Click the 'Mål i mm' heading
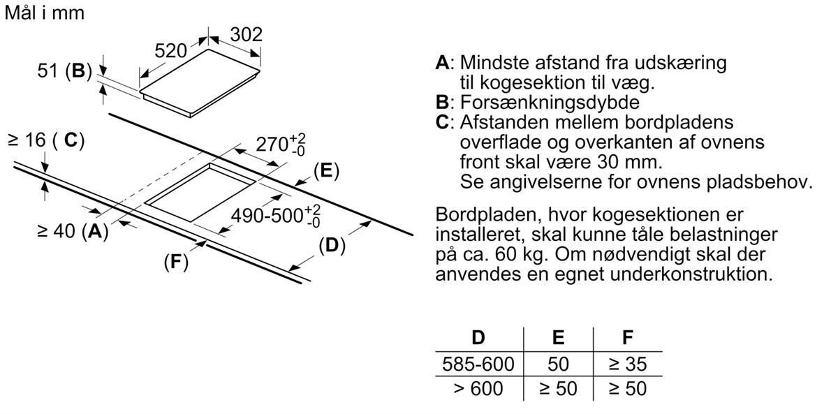[x=44, y=13]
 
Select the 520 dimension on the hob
[x=170, y=50]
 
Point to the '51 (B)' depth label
[x=64, y=71]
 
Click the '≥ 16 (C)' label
[x=46, y=140]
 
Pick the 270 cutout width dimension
[x=280, y=145]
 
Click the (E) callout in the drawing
[x=325, y=170]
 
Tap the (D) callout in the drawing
[x=332, y=246]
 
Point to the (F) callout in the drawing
[x=176, y=263]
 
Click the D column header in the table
[x=478, y=338]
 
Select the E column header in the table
[x=558, y=338]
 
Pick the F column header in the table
[x=627, y=338]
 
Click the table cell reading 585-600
[x=478, y=364]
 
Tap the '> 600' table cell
[x=478, y=388]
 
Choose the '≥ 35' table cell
[x=627, y=364]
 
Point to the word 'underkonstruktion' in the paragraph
[x=691, y=273]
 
